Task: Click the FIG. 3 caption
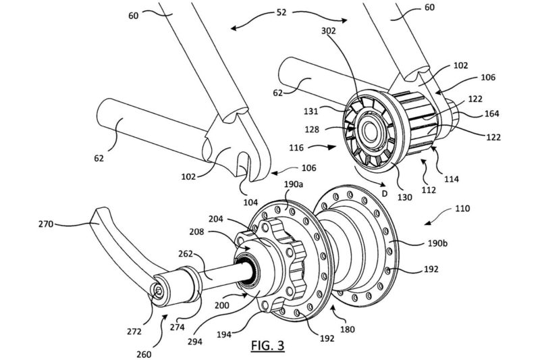click(267, 345)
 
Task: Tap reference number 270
click(46, 224)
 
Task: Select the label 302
click(329, 30)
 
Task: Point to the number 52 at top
click(281, 12)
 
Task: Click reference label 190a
click(294, 184)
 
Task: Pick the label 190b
click(437, 243)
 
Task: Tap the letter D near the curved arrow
click(385, 194)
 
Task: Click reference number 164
click(491, 113)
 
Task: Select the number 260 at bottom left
click(144, 354)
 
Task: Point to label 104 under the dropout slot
click(250, 202)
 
